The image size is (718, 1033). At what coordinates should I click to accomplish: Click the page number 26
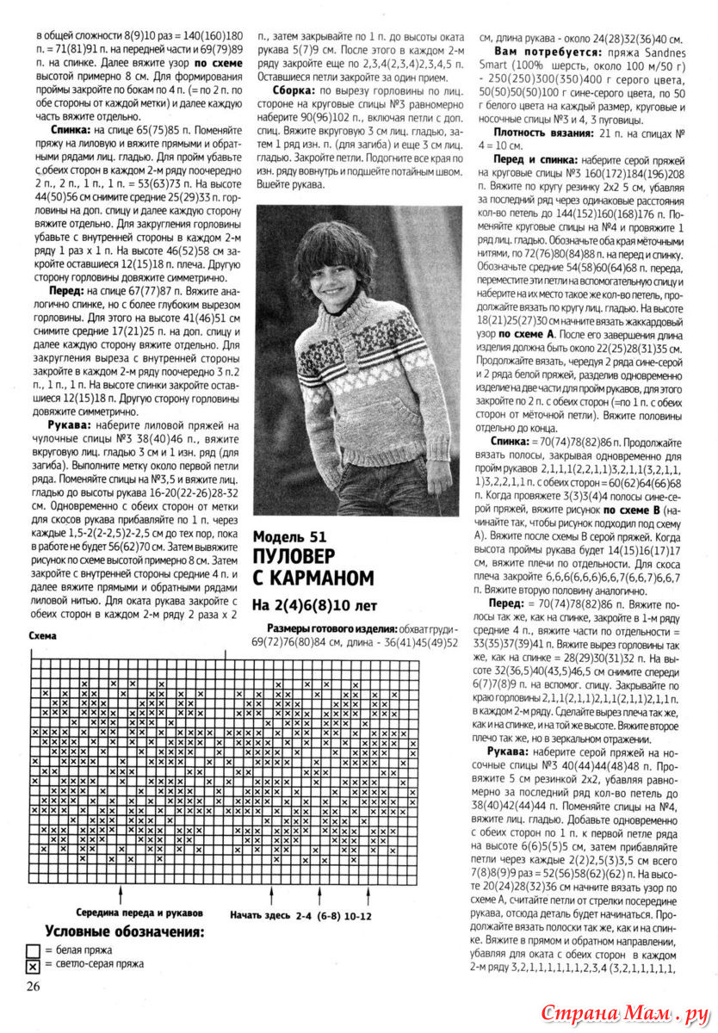pos(34,986)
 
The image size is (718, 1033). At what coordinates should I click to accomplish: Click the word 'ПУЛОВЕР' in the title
pos(299,557)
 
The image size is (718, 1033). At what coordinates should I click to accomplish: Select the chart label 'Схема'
pos(43,635)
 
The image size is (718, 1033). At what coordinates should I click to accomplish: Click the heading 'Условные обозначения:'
pos(125,931)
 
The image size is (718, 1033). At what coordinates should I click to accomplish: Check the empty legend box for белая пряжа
pos(33,950)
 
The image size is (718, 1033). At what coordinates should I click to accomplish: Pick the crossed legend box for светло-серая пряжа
pos(33,967)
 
